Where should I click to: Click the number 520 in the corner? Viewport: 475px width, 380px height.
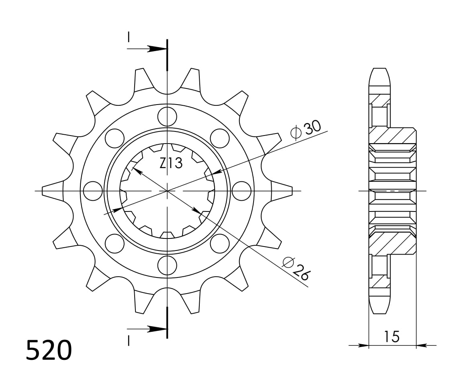(49, 350)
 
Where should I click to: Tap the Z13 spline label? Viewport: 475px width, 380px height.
(171, 163)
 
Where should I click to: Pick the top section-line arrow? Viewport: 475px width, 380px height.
(155, 49)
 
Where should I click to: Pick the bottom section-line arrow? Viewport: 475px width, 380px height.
(155, 329)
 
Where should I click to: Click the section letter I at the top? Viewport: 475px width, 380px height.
(129, 37)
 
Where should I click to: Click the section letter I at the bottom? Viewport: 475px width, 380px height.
(129, 341)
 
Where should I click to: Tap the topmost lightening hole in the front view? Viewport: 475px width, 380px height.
(167, 117)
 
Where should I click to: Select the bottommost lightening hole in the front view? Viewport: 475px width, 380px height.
(167, 265)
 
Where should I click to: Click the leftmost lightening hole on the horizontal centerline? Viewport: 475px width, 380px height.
(93, 191)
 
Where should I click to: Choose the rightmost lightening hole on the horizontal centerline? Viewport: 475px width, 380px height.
(242, 191)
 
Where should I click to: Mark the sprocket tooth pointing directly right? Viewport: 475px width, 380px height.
(286, 191)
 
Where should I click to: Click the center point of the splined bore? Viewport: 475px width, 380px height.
(167, 191)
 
